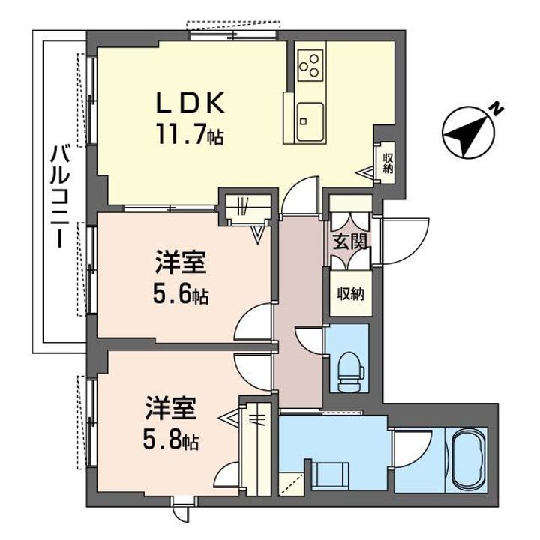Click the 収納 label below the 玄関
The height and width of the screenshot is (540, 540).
(349, 293)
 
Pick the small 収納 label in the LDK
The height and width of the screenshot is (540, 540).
(387, 163)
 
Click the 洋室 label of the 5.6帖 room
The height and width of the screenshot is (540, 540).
(181, 265)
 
